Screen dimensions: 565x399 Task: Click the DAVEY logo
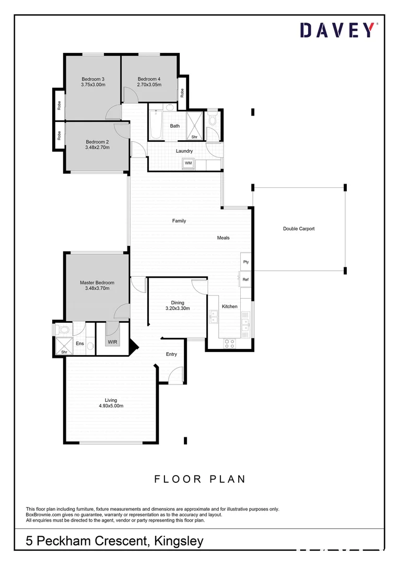(337, 30)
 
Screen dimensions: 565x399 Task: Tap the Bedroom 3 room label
(93, 79)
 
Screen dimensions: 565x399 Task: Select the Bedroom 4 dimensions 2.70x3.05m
(149, 84)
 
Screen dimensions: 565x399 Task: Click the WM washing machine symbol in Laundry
(188, 164)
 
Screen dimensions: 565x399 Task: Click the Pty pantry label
(246, 262)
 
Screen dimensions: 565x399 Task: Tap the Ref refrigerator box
(245, 279)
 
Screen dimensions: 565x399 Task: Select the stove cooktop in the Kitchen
(230, 344)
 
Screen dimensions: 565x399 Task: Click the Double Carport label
(299, 229)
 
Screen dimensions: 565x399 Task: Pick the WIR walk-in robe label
(112, 342)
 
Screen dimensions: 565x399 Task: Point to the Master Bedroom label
(97, 282)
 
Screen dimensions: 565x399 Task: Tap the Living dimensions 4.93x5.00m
(111, 405)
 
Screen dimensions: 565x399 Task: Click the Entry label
(171, 354)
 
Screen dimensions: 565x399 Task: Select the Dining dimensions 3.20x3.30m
(178, 308)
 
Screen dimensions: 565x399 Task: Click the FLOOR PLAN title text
(199, 479)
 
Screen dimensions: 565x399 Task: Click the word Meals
(224, 238)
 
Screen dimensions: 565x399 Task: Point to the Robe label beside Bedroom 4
(182, 93)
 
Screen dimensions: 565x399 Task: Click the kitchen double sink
(214, 316)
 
